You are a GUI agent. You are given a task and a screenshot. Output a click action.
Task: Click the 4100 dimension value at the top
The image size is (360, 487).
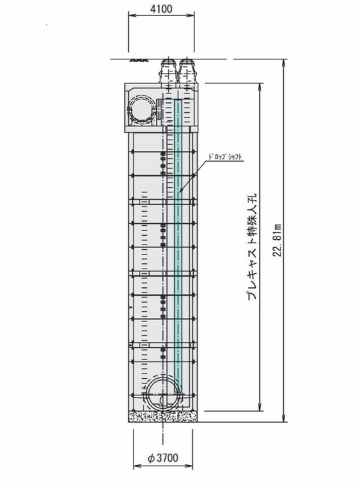[x=161, y=9]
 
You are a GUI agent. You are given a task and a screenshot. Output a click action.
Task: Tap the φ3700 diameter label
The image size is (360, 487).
[x=162, y=458]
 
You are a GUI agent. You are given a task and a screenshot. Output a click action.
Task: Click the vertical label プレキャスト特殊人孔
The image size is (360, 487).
[x=252, y=247]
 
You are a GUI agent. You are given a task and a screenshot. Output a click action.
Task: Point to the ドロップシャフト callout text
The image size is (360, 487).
[x=225, y=157]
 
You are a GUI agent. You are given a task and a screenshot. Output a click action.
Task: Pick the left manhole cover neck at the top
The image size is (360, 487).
[x=168, y=71]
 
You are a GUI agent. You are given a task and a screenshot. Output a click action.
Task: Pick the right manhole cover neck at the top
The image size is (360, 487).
[x=186, y=71]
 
